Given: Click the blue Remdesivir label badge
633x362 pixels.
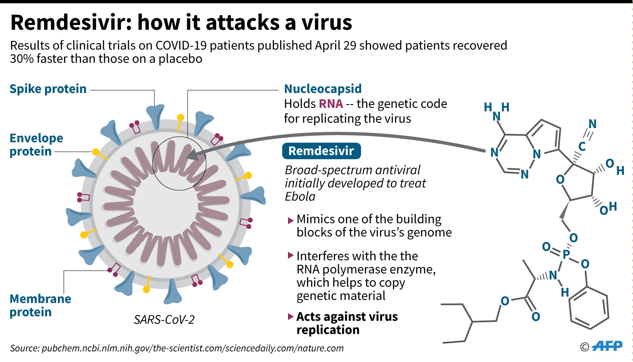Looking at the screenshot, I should [321, 151].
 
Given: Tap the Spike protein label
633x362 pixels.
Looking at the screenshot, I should [48, 89].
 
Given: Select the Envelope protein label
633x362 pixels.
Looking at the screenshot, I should [36, 145].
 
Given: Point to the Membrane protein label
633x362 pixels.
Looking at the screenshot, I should [40, 305].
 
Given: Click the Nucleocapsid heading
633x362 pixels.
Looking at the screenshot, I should [323, 89].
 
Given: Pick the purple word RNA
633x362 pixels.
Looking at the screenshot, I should [331, 104].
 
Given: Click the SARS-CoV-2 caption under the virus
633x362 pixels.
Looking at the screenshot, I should [164, 319].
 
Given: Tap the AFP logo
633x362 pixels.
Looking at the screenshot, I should [607, 346].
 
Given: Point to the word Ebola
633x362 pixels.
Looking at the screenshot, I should [300, 196].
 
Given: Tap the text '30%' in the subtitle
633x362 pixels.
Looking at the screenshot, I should [21, 59].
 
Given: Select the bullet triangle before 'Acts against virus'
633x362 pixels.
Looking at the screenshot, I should [290, 317].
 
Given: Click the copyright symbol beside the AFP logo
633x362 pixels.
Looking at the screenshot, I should [585, 347].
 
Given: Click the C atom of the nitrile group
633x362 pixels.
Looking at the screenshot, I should [582, 146].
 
